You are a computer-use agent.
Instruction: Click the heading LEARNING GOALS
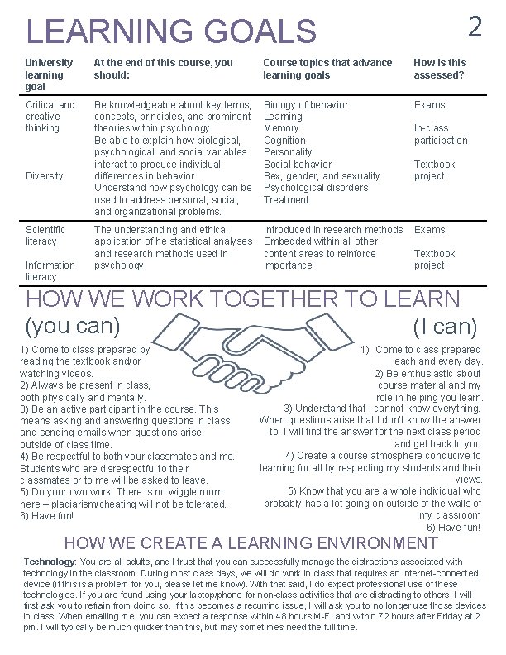[x=171, y=31]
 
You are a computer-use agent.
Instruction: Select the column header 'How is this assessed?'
[x=440, y=69]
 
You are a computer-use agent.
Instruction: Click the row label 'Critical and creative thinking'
[x=50, y=117]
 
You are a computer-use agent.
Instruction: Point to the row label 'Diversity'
[x=45, y=176]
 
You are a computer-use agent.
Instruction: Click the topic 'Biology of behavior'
[x=305, y=105]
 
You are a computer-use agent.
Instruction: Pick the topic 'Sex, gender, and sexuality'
[x=321, y=176]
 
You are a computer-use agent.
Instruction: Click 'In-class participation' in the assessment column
[x=440, y=135]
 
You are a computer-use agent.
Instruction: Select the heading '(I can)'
[x=446, y=326]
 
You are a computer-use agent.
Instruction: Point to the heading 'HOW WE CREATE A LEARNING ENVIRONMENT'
[x=251, y=543]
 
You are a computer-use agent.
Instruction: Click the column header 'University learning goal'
[x=50, y=74]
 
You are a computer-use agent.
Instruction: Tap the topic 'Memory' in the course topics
[x=280, y=129]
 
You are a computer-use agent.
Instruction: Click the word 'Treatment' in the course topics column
[x=285, y=200]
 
